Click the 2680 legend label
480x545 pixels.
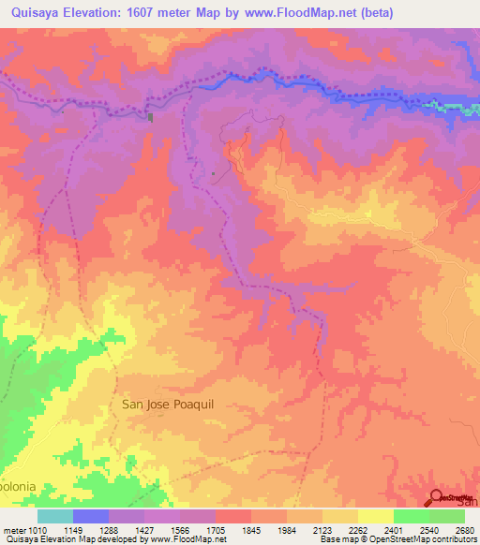point(466,530)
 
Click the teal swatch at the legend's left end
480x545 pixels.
point(55,516)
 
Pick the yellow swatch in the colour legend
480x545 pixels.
point(376,516)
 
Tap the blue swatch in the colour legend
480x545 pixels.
point(91,516)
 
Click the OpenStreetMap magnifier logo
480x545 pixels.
point(438,497)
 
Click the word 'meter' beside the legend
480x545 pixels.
point(13,530)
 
